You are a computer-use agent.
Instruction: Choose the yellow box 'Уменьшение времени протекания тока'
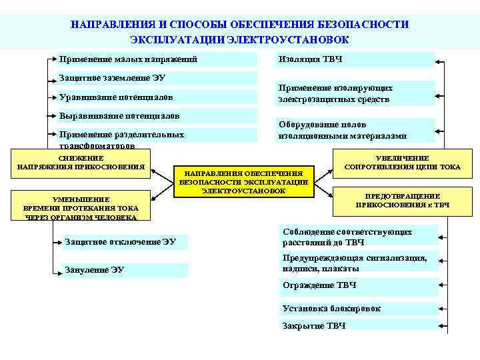81,207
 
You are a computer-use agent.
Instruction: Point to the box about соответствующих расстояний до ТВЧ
357,236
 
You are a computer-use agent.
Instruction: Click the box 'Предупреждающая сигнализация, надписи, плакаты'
357,263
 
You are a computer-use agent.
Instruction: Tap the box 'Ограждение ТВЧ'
357,285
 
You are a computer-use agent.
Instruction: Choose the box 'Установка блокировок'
357,309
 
